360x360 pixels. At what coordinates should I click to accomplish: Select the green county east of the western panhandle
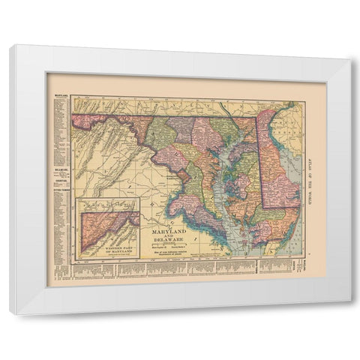[160, 131]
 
